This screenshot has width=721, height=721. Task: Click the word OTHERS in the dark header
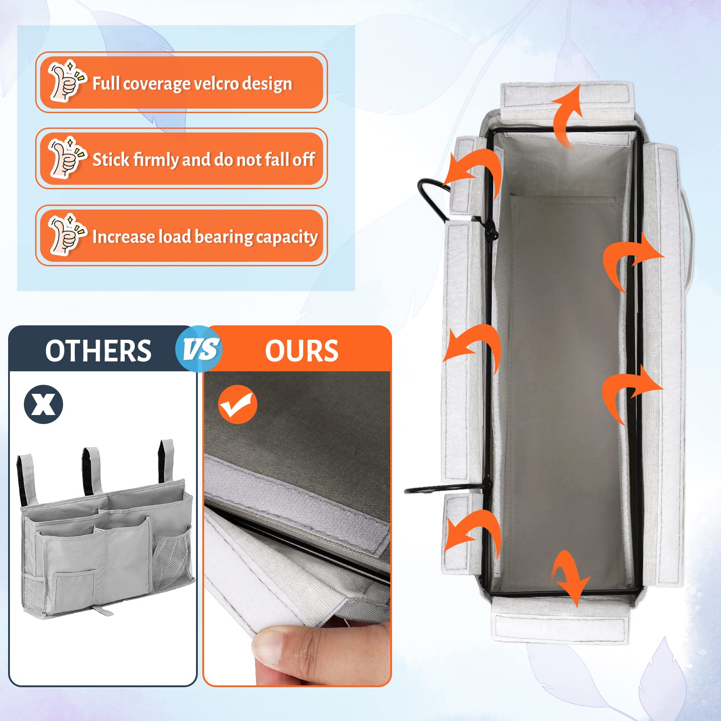point(98,351)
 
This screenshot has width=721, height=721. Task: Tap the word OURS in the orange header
point(301,351)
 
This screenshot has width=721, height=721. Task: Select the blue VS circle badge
point(199,349)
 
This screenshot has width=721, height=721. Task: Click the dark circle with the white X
point(43,404)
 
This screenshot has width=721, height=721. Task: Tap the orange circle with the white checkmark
point(237,404)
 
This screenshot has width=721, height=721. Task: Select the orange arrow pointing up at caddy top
point(567,115)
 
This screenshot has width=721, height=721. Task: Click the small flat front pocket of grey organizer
point(74,588)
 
